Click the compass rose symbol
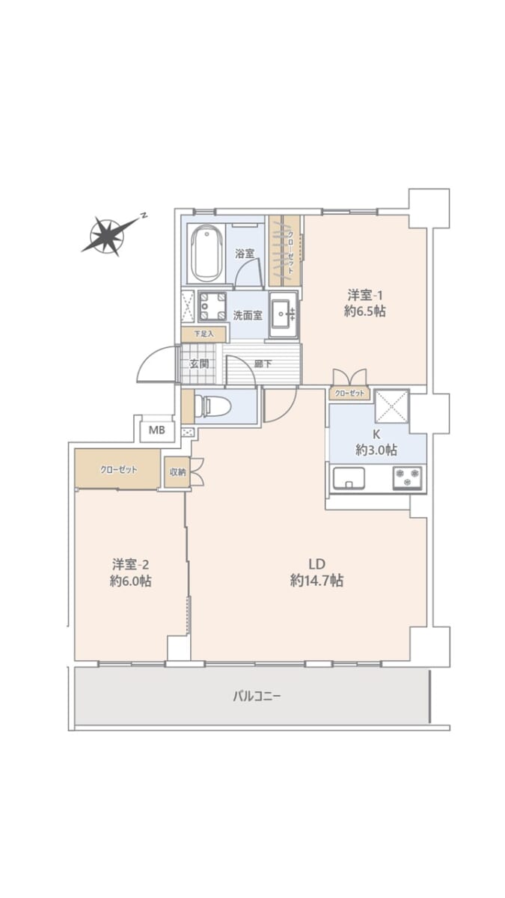108,236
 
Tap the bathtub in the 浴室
206,253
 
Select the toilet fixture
212,406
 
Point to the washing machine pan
212,306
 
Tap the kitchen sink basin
349,478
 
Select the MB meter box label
156,430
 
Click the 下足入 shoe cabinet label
204,334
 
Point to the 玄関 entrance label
199,364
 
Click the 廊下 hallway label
263,364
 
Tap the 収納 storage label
177,472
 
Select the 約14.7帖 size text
316,581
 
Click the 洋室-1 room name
365,296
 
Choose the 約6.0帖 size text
131,581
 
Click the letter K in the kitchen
376,434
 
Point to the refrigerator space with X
391,406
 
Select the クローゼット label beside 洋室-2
119,469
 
